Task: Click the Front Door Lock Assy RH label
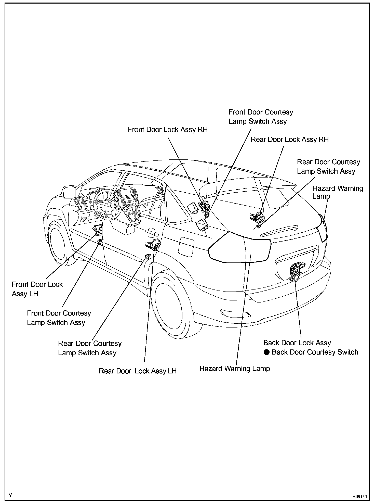pos(168,130)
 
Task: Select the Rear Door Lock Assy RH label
pos(290,140)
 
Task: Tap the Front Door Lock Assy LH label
pos(37,289)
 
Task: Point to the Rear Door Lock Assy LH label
pos(138,371)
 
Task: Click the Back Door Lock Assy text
pos(297,343)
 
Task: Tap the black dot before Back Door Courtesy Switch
pos(266,352)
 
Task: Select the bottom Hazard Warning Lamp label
pos(235,369)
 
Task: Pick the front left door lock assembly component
pos(99,230)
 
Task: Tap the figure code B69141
pos(360,497)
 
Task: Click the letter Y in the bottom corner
pos(10,495)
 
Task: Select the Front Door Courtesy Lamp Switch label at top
pos(261,117)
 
